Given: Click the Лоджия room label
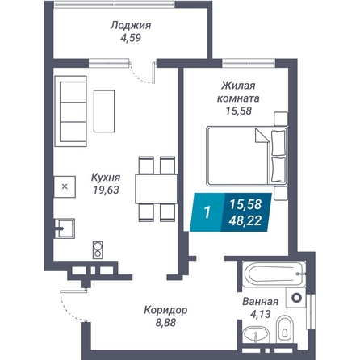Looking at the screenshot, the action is tap(131, 26).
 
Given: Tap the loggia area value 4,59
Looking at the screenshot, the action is tap(131, 38).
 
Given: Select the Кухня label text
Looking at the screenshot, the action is tap(106, 178).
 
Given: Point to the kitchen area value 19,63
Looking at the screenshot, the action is tap(106, 190).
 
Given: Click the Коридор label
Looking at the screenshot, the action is tap(165, 310).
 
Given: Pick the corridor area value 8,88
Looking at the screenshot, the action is tap(165, 322).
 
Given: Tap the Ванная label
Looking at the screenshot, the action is tap(260, 302).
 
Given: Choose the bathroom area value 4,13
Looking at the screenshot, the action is tap(260, 314).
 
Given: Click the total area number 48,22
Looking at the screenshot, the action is tap(245, 221).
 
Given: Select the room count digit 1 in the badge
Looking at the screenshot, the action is tap(207, 212).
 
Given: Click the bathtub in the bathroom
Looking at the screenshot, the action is tap(274, 274).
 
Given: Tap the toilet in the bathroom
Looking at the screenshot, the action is tap(284, 329).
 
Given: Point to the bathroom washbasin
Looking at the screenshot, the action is tap(256, 335).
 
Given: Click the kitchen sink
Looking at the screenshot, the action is tap(65, 228).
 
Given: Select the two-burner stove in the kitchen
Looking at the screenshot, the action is tap(98, 250).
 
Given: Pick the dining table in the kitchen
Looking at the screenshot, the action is tap(156, 189).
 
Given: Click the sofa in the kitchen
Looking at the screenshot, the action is tap(70, 111).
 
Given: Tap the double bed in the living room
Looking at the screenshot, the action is tap(247, 156).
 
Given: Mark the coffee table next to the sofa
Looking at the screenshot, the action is tap(104, 111).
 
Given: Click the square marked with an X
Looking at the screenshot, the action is tap(65, 186).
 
